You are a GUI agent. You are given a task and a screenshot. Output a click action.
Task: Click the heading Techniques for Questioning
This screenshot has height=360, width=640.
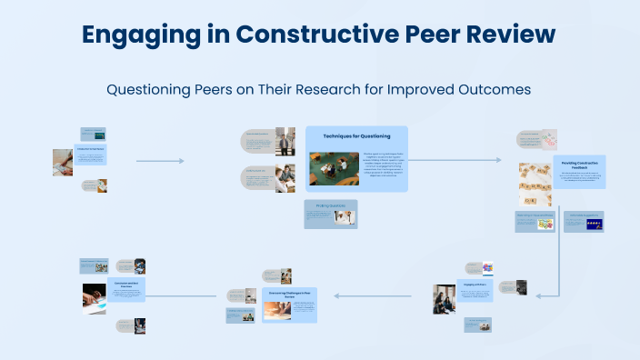[x=356, y=136]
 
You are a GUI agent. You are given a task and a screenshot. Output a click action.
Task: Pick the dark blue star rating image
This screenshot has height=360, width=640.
[x=592, y=224]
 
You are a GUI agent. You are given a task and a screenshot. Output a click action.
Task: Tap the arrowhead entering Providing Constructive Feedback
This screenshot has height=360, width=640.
[x=497, y=160]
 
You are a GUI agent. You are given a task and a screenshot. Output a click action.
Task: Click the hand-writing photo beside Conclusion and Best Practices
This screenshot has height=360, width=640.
[x=95, y=298]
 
